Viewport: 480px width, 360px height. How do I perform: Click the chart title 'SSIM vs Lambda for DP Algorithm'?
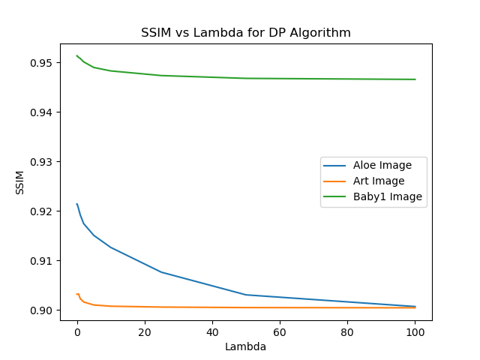[246, 33]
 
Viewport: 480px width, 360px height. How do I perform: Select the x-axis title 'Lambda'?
[246, 346]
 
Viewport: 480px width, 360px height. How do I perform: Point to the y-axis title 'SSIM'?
[20, 182]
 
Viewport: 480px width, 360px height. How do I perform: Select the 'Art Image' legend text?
[379, 181]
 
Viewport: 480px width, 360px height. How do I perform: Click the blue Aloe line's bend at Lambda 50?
[246, 295]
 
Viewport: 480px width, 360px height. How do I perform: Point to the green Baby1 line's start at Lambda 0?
[77, 55]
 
